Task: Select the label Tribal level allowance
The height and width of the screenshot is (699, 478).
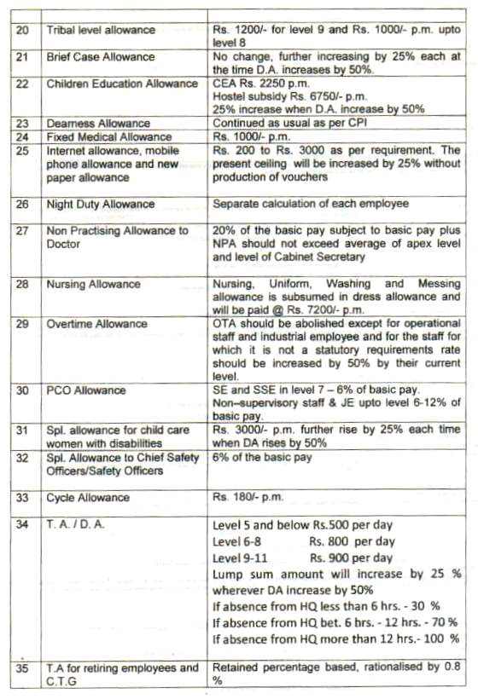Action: tap(101, 31)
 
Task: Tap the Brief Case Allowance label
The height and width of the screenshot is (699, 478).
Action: tap(100, 57)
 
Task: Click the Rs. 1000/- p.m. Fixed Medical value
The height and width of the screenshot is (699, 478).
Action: tap(248, 136)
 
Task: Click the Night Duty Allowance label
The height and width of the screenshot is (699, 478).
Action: tap(100, 205)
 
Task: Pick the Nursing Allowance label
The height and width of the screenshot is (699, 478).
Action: tap(93, 284)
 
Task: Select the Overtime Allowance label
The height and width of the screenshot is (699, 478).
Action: tap(96, 325)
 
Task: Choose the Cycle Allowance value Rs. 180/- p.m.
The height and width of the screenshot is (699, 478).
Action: tap(248, 498)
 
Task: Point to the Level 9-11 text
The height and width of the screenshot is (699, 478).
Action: tap(243, 557)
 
